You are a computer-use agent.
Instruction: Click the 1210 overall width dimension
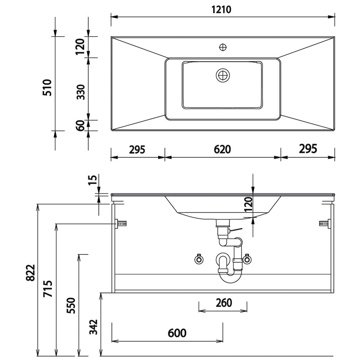(x=221, y=10)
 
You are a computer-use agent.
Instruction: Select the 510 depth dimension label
(x=48, y=87)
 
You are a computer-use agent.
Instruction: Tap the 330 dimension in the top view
(x=81, y=92)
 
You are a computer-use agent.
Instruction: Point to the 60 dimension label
(x=81, y=126)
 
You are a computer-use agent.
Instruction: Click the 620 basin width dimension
(x=222, y=149)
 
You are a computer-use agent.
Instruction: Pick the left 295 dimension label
(x=137, y=150)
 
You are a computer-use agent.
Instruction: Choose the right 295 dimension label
(x=308, y=149)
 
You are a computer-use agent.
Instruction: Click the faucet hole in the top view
(x=223, y=48)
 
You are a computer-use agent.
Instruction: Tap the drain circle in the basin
(x=223, y=75)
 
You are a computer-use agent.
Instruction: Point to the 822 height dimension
(x=30, y=273)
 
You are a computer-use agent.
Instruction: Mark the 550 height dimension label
(x=71, y=305)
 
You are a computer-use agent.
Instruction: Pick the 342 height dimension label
(x=93, y=327)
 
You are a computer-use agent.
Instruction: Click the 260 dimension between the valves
(x=224, y=303)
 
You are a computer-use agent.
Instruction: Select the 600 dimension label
(x=177, y=333)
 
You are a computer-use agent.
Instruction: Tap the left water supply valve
(x=199, y=259)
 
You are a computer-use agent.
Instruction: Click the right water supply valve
(x=247, y=259)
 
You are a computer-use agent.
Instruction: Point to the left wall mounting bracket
(x=121, y=224)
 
